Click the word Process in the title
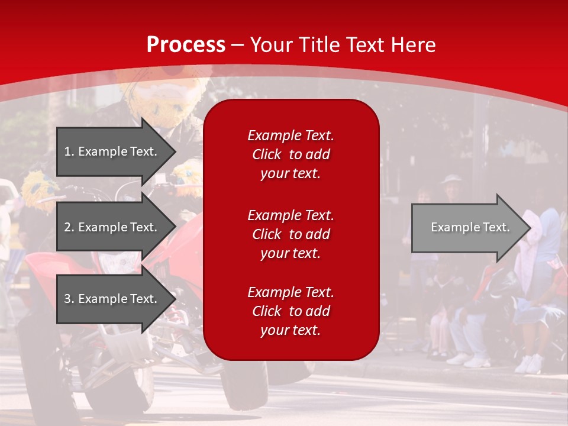click(186, 45)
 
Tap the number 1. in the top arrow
click(69, 151)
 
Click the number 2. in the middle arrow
click(69, 227)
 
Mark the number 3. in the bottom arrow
click(69, 299)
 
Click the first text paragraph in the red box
click(291, 154)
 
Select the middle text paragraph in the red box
click(291, 234)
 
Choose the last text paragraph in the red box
click(291, 311)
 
